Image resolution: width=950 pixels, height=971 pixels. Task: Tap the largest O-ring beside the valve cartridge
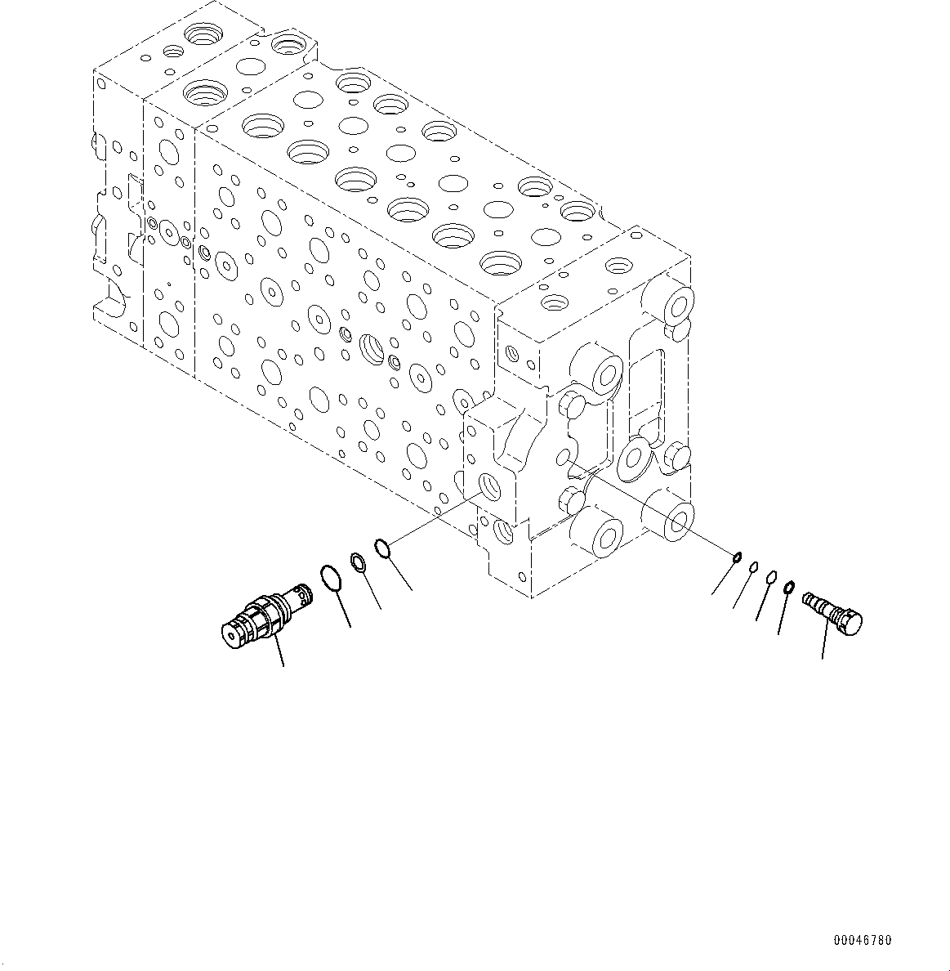click(330, 577)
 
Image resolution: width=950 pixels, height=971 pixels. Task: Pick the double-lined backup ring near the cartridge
click(358, 561)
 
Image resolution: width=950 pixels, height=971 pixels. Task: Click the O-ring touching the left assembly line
click(383, 547)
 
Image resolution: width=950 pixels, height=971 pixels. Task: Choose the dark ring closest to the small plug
click(789, 587)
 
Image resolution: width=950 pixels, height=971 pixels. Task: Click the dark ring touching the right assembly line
click(736, 558)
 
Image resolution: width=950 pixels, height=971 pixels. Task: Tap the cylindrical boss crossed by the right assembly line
click(670, 515)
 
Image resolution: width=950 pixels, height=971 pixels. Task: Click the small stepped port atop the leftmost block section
click(173, 51)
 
